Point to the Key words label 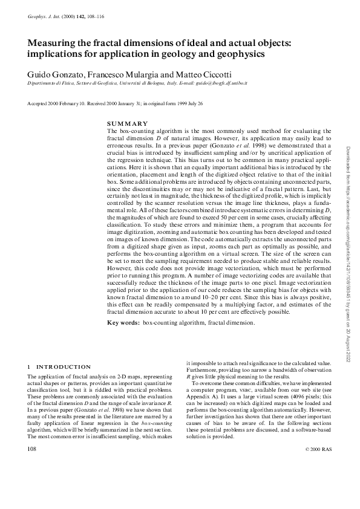[x=123, y=323]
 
